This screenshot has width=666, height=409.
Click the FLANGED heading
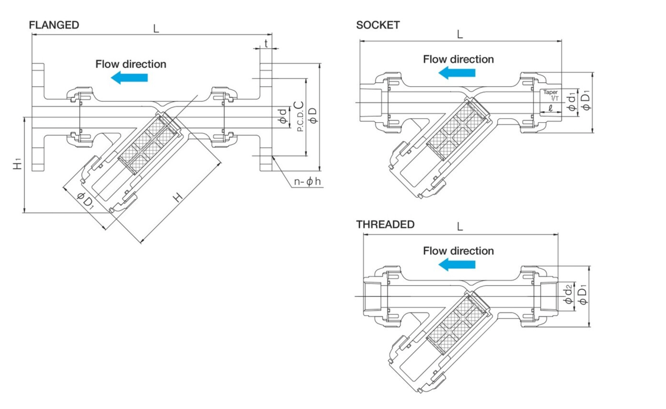(x=54, y=25)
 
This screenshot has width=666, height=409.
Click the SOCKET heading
(x=378, y=25)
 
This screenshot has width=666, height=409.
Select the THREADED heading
(x=385, y=224)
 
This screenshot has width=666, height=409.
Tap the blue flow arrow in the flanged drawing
(x=129, y=78)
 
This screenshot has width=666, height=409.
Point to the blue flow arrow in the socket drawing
(x=457, y=73)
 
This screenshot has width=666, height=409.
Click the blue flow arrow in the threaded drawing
(x=457, y=264)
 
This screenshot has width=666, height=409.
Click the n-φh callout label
(x=307, y=181)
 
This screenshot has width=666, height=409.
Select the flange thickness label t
(x=266, y=43)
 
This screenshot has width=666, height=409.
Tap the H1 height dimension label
(x=18, y=164)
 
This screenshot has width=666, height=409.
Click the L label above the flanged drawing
(x=156, y=29)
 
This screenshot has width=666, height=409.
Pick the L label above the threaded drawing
(x=460, y=227)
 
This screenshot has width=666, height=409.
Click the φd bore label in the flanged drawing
(x=283, y=116)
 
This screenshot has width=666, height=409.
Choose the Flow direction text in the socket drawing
(x=458, y=59)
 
